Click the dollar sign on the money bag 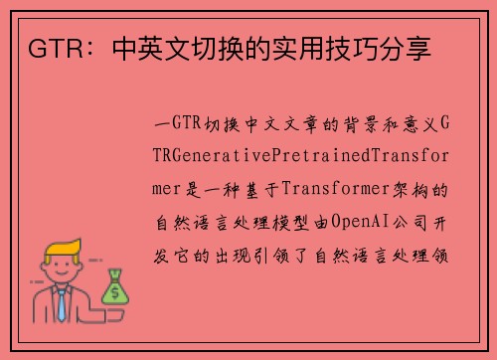(x=114, y=292)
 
